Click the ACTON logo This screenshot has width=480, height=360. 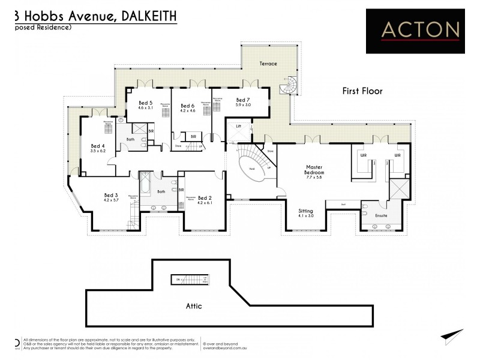point(415,30)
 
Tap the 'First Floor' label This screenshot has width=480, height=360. point(362,91)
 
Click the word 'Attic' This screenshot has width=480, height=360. point(193,306)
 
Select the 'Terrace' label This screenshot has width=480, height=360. point(268,64)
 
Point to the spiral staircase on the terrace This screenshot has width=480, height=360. point(289,86)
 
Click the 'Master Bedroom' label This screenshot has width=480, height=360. point(315,170)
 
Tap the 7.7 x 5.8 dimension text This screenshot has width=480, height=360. point(315,178)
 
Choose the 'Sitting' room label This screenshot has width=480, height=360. point(306,211)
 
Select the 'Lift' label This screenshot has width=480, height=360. point(238,127)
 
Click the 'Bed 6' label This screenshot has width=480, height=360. point(188,106)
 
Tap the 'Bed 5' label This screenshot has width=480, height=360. point(145,103)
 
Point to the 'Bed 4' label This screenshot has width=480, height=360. point(98,146)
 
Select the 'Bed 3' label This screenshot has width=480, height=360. point(111,195)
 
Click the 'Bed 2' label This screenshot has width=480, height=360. point(205,198)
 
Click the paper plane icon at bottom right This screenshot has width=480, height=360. point(452,337)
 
